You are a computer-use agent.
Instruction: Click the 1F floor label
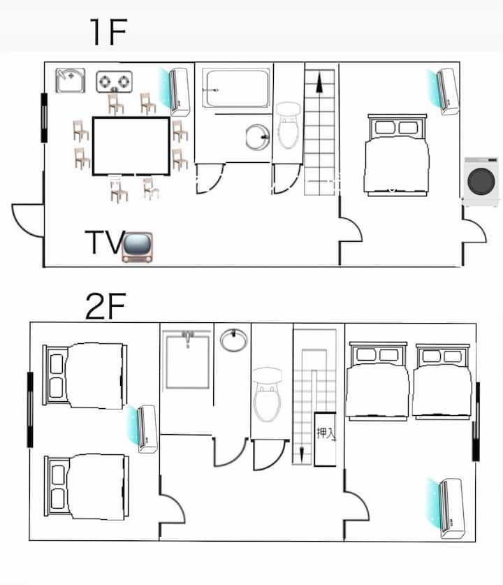pos(108,32)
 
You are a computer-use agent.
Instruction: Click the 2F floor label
pos(106,306)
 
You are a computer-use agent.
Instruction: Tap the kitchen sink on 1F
pos(70,80)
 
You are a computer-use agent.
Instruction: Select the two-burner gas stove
pos(114,82)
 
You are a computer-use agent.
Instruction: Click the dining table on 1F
pos(131,146)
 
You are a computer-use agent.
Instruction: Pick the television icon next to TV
pos(138,247)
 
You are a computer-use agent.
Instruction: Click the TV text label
pos(105,243)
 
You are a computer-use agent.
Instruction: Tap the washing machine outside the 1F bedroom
pos(481,182)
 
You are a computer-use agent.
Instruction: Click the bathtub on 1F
pos(237,89)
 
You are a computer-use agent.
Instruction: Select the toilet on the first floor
pos(289,126)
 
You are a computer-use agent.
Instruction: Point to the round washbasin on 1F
pos(258,137)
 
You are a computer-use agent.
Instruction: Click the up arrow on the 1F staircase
pos(319,83)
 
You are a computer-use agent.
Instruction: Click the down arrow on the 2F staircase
pos(302,453)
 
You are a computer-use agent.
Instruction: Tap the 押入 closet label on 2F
pos(326,433)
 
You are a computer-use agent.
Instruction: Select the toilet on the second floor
pos(267,394)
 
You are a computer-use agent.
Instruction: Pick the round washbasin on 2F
pos(233,340)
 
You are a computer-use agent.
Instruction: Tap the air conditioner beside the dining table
pos(175,92)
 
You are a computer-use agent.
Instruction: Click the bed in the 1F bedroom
pos(397,155)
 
